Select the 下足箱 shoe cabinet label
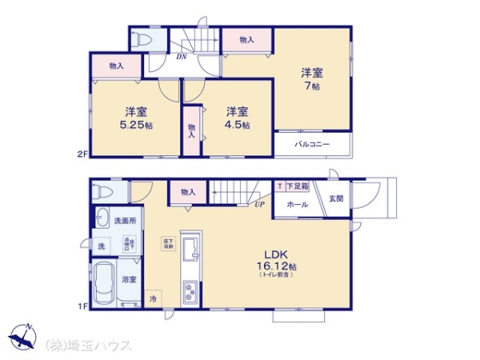click(x=298, y=186)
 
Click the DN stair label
click(x=182, y=56)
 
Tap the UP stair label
click(x=260, y=205)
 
